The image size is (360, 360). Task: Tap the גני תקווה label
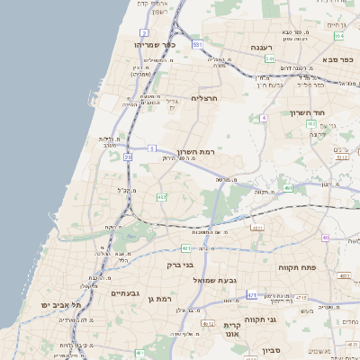[x=259, y=319]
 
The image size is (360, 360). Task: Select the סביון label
[x=272, y=350]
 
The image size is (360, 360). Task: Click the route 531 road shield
[x=196, y=43]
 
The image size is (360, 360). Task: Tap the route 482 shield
[x=161, y=196]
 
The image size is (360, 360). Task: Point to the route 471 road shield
[x=251, y=294]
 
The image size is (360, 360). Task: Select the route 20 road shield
[x=129, y=157]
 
